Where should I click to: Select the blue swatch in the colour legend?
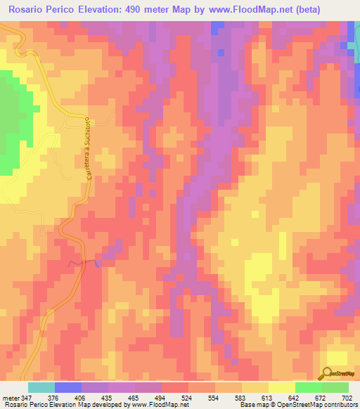67,387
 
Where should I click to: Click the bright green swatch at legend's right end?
335,387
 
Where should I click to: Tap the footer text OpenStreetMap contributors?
320,405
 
